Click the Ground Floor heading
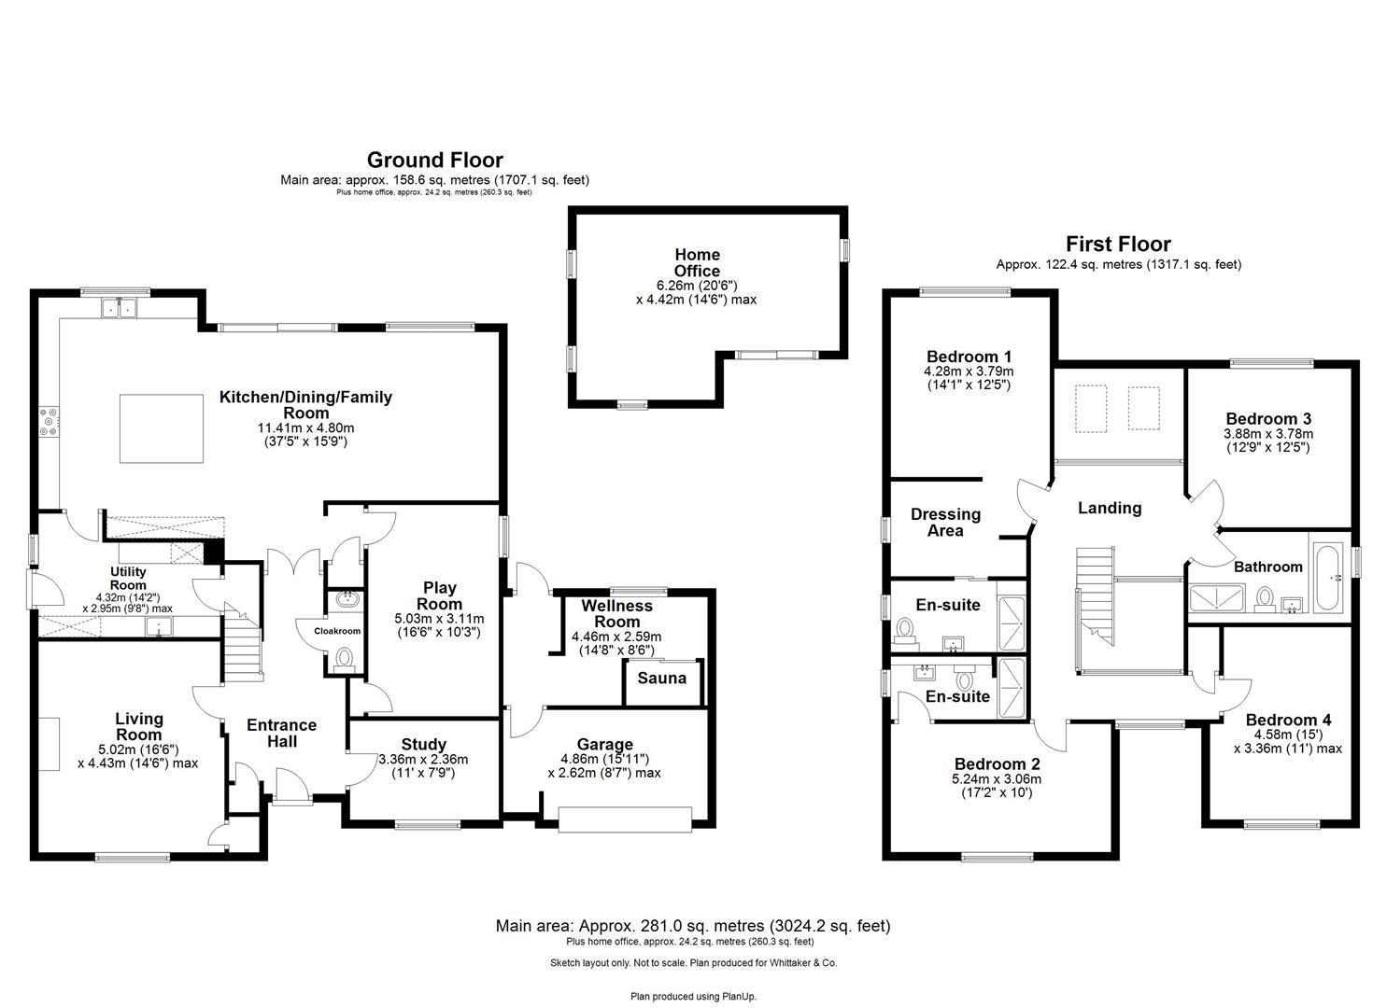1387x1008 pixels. pyautogui.click(x=434, y=160)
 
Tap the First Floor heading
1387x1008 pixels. pyautogui.click(x=1118, y=245)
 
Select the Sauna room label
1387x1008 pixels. pyautogui.click(x=661, y=679)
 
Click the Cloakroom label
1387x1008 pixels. pyautogui.click(x=336, y=631)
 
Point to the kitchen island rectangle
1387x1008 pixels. pyautogui.click(x=161, y=428)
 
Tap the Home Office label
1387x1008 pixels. pyautogui.click(x=697, y=262)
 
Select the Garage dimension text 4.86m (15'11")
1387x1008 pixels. pyautogui.click(x=604, y=759)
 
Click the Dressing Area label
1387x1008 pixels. pyautogui.click(x=945, y=522)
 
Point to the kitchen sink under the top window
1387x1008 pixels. pyautogui.click(x=119, y=307)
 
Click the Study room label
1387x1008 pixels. pyautogui.click(x=423, y=744)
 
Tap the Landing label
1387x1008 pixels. pyautogui.click(x=1109, y=508)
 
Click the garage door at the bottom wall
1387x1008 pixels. pyautogui.click(x=625, y=819)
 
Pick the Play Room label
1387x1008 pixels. pyautogui.click(x=439, y=595)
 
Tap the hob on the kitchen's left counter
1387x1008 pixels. pyautogui.click(x=49, y=423)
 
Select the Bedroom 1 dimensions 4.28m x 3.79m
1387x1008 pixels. pyautogui.click(x=968, y=371)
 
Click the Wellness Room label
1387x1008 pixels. pyautogui.click(x=616, y=613)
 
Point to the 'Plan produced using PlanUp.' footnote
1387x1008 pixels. pyautogui.click(x=693, y=996)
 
